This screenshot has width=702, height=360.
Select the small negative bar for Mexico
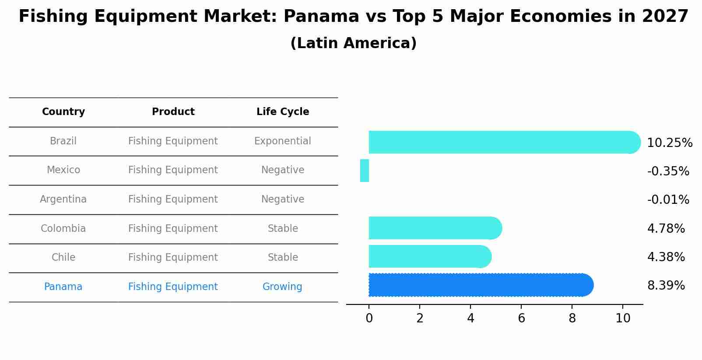[x=365, y=171]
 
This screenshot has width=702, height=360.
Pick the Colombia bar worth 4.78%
[x=433, y=228]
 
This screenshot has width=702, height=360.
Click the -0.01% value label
[x=668, y=200]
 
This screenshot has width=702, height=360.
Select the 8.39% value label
[x=666, y=286]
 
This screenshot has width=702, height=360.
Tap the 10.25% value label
[x=669, y=143]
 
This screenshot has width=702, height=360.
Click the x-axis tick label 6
[x=521, y=318]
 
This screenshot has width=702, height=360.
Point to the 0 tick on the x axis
[x=369, y=318]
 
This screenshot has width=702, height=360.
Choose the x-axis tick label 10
[x=623, y=318]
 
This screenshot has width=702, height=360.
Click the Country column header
[x=63, y=112]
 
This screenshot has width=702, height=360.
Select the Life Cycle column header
[x=283, y=112]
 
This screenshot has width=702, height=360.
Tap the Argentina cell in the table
[x=63, y=199]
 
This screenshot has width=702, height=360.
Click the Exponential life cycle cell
[x=283, y=141]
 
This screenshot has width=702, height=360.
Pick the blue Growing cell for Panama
[x=282, y=287]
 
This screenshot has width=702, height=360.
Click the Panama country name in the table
[x=63, y=287]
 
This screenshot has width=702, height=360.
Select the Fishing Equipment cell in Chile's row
[x=173, y=258]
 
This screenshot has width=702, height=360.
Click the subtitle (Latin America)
[x=353, y=43]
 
